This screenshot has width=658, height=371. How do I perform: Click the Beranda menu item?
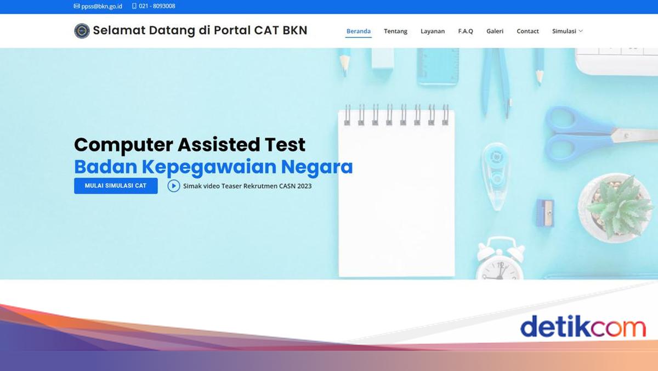pos(359,31)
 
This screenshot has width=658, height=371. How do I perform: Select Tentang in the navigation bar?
pos(395,31)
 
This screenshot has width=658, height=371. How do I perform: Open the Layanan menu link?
pos(433,31)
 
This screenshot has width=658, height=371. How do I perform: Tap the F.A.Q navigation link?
pos(466,31)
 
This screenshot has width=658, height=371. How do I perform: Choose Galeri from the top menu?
pos(495,31)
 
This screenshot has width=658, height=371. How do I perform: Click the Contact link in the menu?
pos(527,31)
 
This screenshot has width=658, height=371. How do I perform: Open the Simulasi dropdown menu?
pos(567,31)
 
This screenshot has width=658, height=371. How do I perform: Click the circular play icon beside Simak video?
pos(174,186)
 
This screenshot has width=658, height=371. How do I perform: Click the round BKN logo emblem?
pos(82,31)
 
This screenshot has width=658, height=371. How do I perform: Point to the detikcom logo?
pos(583,327)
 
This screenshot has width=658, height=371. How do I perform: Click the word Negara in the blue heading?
pos(317,167)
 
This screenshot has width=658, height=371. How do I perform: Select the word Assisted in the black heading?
pos(219,144)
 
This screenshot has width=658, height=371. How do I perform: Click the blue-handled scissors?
pos(599,134)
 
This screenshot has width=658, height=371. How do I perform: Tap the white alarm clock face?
pos(500,270)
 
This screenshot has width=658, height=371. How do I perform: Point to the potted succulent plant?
pos(616,207)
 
